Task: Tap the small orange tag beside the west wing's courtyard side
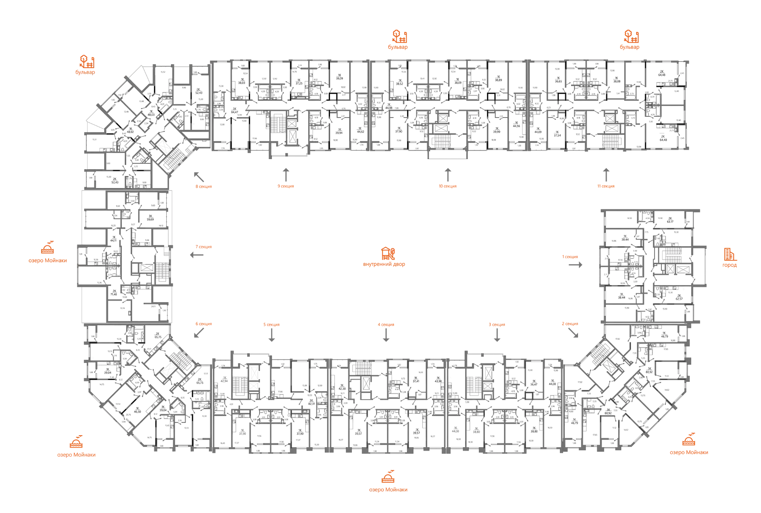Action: (204, 247)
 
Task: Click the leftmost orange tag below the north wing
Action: (204, 187)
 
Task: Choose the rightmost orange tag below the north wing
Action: (606, 186)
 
